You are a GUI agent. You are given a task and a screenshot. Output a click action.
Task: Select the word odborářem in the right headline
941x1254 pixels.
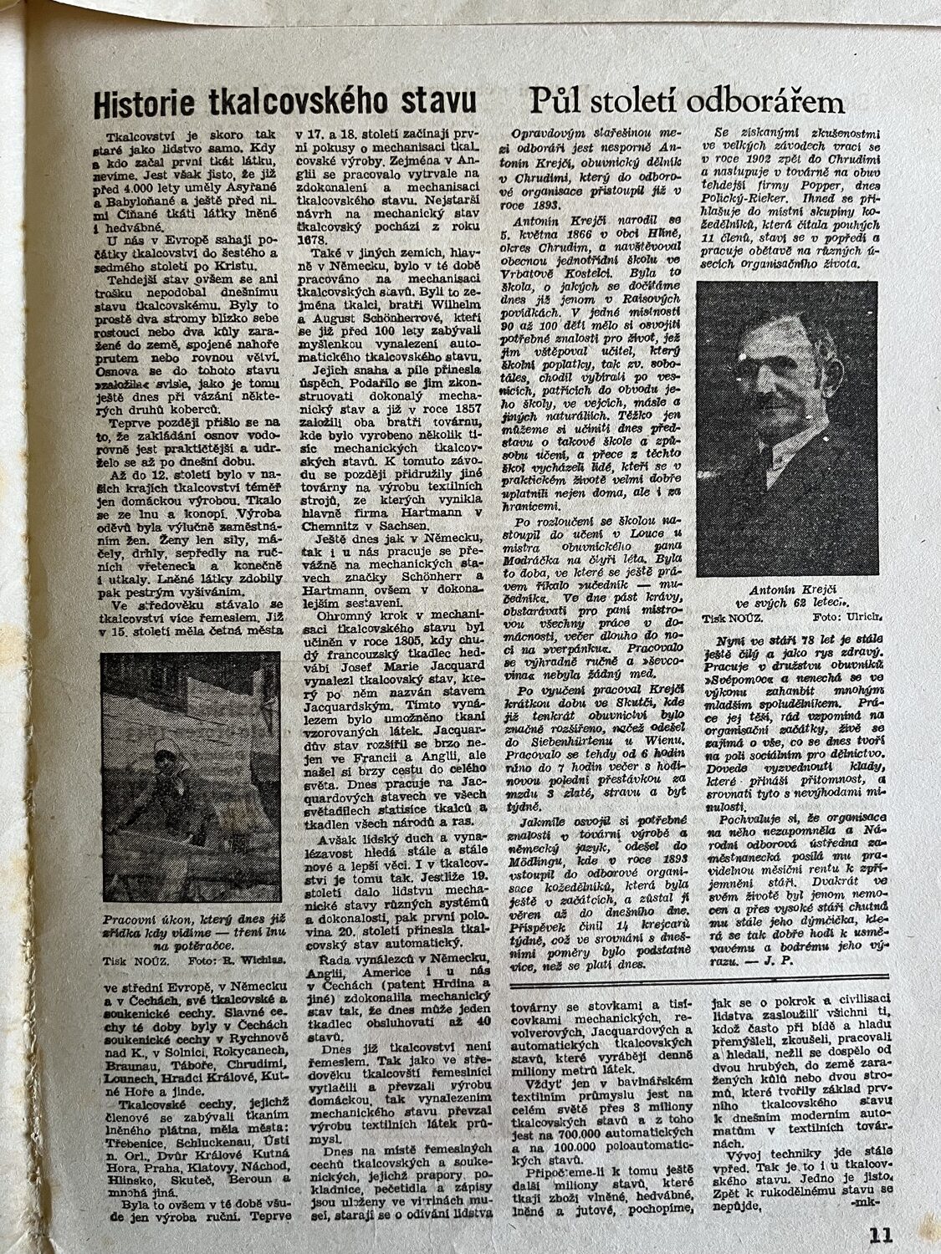764,101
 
